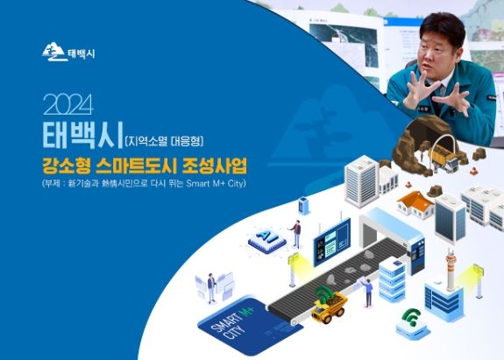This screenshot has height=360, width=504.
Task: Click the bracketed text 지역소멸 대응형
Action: coord(170,139)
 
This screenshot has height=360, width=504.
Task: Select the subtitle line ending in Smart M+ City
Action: coord(144,184)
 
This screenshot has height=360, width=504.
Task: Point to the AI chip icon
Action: coord(264,236)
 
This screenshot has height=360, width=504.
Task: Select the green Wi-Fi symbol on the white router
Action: coord(408,318)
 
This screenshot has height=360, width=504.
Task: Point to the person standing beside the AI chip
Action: coord(297,233)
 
